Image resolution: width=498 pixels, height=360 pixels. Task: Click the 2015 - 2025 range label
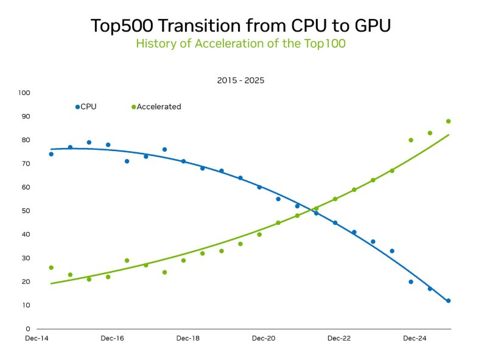(240, 80)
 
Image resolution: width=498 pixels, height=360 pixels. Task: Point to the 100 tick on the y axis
(24, 93)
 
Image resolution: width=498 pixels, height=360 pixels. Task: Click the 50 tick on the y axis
(26, 211)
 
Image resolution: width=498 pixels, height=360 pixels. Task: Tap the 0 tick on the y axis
(28, 329)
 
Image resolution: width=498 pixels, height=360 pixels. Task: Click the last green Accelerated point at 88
(448, 121)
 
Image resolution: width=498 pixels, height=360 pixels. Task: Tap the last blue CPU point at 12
(448, 301)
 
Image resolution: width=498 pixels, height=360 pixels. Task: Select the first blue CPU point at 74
(51, 154)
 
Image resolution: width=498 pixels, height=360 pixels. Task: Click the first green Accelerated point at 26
(51, 267)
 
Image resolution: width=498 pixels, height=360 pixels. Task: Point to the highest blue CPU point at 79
(89, 143)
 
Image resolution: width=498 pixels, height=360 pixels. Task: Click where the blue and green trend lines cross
(312, 211)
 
